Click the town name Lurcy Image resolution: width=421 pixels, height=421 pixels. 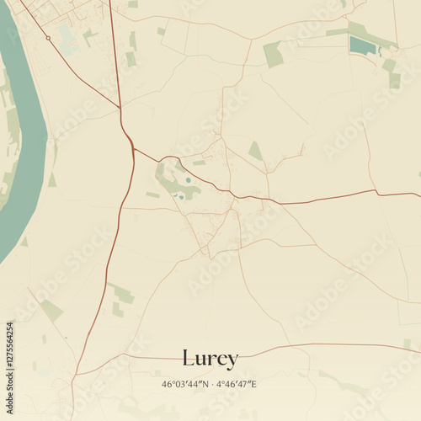click(210, 359)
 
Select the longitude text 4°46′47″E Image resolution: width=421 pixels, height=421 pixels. click(237, 385)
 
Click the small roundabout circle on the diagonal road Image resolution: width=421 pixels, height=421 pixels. click(48, 38)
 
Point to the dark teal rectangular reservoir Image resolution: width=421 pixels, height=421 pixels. click(361, 44)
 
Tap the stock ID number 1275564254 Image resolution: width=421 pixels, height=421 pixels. click(9, 354)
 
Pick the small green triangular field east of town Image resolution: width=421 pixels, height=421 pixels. click(254, 151)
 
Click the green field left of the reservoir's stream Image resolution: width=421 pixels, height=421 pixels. click(272, 54)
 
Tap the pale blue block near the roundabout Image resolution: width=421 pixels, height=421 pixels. click(67, 38)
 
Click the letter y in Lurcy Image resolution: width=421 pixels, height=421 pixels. click(232, 360)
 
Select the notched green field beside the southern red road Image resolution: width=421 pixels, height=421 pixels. click(122, 294)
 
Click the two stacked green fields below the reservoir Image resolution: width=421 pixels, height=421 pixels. click(392, 73)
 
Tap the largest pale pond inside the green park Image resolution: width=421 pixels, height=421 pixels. click(187, 179)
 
